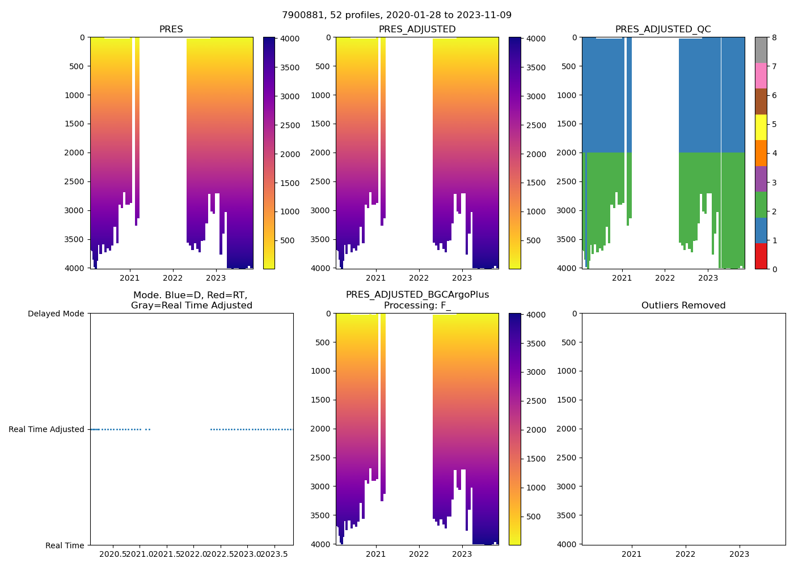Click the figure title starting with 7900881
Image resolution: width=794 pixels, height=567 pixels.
tap(396, 15)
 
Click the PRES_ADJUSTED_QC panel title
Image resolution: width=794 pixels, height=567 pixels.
tap(663, 29)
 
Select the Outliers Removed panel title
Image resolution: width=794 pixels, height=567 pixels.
tap(683, 306)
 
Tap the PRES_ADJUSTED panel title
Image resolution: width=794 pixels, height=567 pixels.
tap(417, 29)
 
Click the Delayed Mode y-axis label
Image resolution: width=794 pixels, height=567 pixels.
tap(56, 314)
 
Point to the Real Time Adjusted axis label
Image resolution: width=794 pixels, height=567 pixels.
tap(47, 429)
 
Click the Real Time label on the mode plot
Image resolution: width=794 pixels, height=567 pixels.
tap(65, 545)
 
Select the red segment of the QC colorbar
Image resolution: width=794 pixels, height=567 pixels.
tap(761, 256)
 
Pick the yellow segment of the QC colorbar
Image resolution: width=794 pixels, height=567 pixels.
tap(761, 127)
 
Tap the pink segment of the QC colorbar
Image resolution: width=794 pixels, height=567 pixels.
tap(761, 75)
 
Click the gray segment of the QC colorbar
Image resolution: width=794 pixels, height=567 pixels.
tap(761, 50)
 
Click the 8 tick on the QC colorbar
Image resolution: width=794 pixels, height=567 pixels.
tap(774, 38)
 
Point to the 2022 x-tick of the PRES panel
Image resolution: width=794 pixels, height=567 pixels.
tap(173, 278)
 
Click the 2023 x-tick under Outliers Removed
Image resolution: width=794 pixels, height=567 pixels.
tap(739, 554)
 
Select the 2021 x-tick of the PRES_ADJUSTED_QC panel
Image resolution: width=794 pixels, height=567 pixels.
tap(622, 278)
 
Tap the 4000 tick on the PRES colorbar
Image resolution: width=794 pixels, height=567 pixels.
tap(286, 39)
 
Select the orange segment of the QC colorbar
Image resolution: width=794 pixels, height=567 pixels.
tap(761, 153)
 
